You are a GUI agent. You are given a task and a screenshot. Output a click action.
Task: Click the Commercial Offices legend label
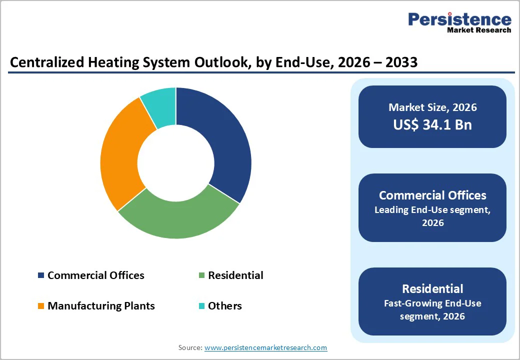click(x=95, y=275)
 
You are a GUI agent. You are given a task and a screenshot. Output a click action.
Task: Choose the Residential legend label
click(x=235, y=275)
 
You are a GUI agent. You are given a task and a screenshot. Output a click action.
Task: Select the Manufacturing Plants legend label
click(x=101, y=306)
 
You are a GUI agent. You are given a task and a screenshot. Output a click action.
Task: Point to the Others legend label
click(x=224, y=306)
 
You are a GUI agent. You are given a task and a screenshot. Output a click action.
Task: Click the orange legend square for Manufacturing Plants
click(x=41, y=306)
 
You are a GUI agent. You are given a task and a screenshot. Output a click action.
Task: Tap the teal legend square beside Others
click(x=201, y=306)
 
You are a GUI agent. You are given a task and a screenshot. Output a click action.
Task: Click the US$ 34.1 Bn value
click(x=432, y=124)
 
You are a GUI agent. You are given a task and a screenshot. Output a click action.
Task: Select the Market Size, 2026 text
click(x=432, y=107)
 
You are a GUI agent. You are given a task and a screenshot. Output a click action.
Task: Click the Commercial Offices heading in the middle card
click(x=432, y=195)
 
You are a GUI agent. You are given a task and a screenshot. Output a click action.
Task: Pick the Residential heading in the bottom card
click(x=432, y=289)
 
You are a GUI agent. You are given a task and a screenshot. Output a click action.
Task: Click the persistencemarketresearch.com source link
click(x=265, y=347)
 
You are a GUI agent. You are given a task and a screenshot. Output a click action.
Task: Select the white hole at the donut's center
click(x=176, y=163)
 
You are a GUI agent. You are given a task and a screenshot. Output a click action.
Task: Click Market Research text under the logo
click(x=479, y=30)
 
